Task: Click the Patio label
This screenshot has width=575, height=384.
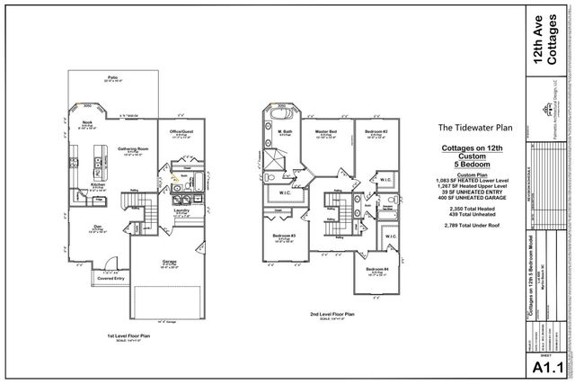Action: click(x=112, y=77)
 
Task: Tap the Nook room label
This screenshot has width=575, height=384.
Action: click(x=88, y=123)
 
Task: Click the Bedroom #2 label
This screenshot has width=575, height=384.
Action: click(x=376, y=131)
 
